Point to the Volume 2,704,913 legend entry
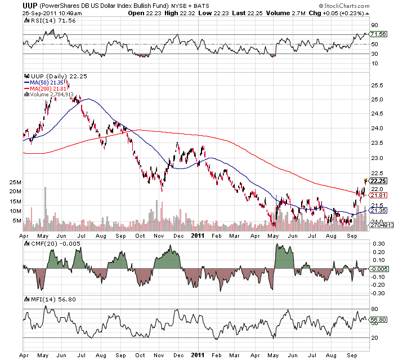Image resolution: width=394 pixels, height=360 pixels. coord(51,95)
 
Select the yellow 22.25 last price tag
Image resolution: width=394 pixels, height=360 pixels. coord(378,181)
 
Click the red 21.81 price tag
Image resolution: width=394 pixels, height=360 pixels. coord(378,195)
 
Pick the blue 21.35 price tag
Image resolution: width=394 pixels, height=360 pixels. coord(378,210)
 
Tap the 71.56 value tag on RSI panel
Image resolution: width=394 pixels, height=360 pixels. coord(378,34)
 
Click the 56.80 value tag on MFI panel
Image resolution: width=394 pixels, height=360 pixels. coord(378,318)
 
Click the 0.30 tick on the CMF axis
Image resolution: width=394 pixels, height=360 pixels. coord(378,243)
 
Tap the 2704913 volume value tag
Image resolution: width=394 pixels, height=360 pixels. coord(378,225)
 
